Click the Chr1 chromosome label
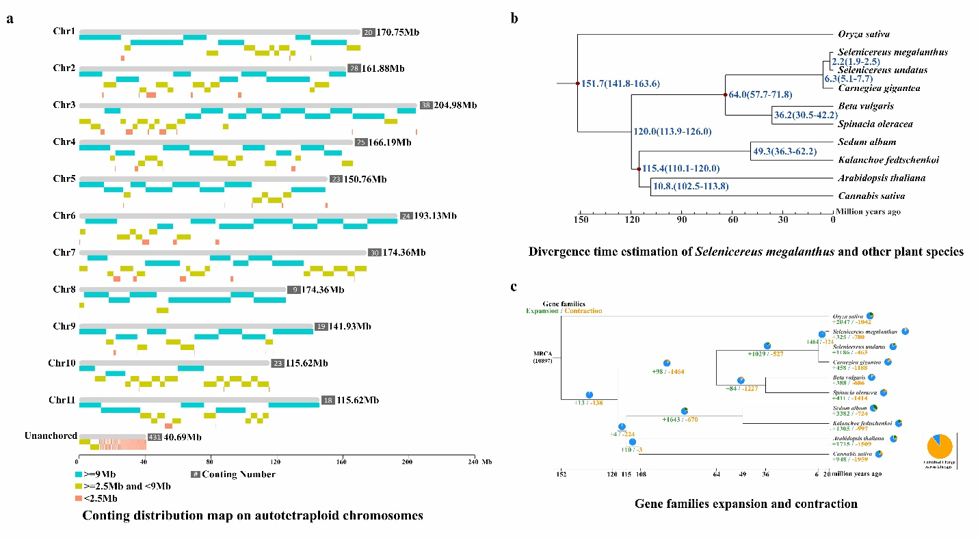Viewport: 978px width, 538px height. [64, 31]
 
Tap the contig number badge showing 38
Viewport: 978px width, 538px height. [426, 105]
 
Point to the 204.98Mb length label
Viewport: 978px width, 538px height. [455, 105]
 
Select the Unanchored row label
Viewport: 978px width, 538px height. [51, 436]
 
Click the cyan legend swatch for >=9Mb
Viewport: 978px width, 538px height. [80, 474]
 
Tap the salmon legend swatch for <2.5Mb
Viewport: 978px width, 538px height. [80, 498]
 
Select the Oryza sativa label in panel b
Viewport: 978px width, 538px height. [864, 33]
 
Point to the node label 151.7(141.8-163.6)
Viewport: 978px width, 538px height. [620, 84]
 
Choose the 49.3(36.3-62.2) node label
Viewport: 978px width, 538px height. [784, 151]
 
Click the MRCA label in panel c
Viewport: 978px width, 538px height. [544, 355]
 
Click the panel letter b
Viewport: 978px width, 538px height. [514, 18]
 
